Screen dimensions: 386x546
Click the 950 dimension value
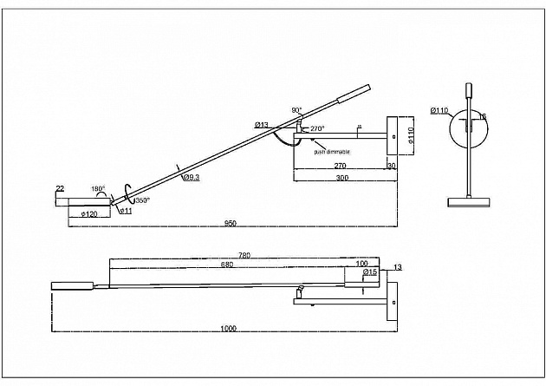pos(231,223)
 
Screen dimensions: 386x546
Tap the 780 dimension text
pos(244,255)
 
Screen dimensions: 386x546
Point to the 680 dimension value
pos(227,264)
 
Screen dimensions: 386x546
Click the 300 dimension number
pos(341,178)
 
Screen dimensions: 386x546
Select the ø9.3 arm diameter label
pos(192,177)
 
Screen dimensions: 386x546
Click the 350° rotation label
pos(141,200)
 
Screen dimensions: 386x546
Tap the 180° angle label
pos(98,188)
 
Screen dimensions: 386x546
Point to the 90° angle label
pos(297,110)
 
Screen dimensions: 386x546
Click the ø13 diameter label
pos(261,126)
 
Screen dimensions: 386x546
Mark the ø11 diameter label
pos(125,211)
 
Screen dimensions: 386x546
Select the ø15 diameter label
pos(370,272)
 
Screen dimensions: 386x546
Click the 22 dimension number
pos(60,188)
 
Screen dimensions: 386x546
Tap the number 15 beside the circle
pos(484,116)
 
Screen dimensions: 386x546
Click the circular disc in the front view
pos(468,128)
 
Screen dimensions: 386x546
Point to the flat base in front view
pos(468,202)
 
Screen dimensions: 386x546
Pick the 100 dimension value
pos(361,263)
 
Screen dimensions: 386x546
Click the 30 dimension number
pos(391,166)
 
